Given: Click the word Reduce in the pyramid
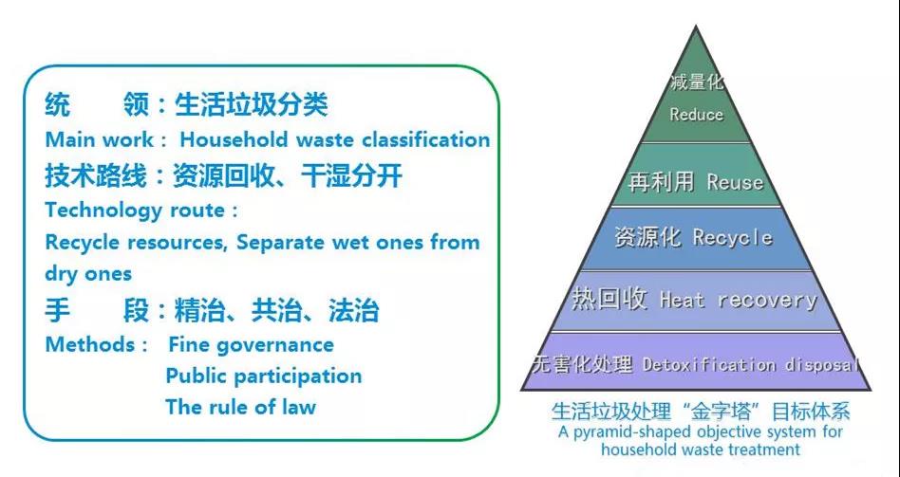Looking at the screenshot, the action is [x=696, y=114].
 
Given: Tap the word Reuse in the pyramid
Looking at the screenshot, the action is [x=735, y=182].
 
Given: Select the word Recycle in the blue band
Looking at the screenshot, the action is [x=732, y=237].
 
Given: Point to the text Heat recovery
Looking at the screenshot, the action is [x=739, y=300].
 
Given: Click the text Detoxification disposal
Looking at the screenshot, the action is [x=750, y=364].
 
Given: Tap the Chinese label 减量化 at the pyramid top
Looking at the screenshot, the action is [x=696, y=82].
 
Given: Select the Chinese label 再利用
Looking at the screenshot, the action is [x=661, y=182].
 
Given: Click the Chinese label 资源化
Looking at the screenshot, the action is [x=647, y=237].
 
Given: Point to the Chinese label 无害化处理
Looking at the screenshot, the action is [x=582, y=363].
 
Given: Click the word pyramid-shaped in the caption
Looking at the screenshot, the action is [x=628, y=432].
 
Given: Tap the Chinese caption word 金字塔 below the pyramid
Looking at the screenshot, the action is [x=729, y=411].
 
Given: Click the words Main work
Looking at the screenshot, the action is [x=99, y=140].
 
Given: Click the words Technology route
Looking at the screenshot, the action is [x=135, y=211].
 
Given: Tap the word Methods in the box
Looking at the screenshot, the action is [x=90, y=344].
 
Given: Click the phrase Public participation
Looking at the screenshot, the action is [x=264, y=376].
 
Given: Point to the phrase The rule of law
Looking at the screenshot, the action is [x=241, y=407].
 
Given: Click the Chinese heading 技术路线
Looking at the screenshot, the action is [x=95, y=175].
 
